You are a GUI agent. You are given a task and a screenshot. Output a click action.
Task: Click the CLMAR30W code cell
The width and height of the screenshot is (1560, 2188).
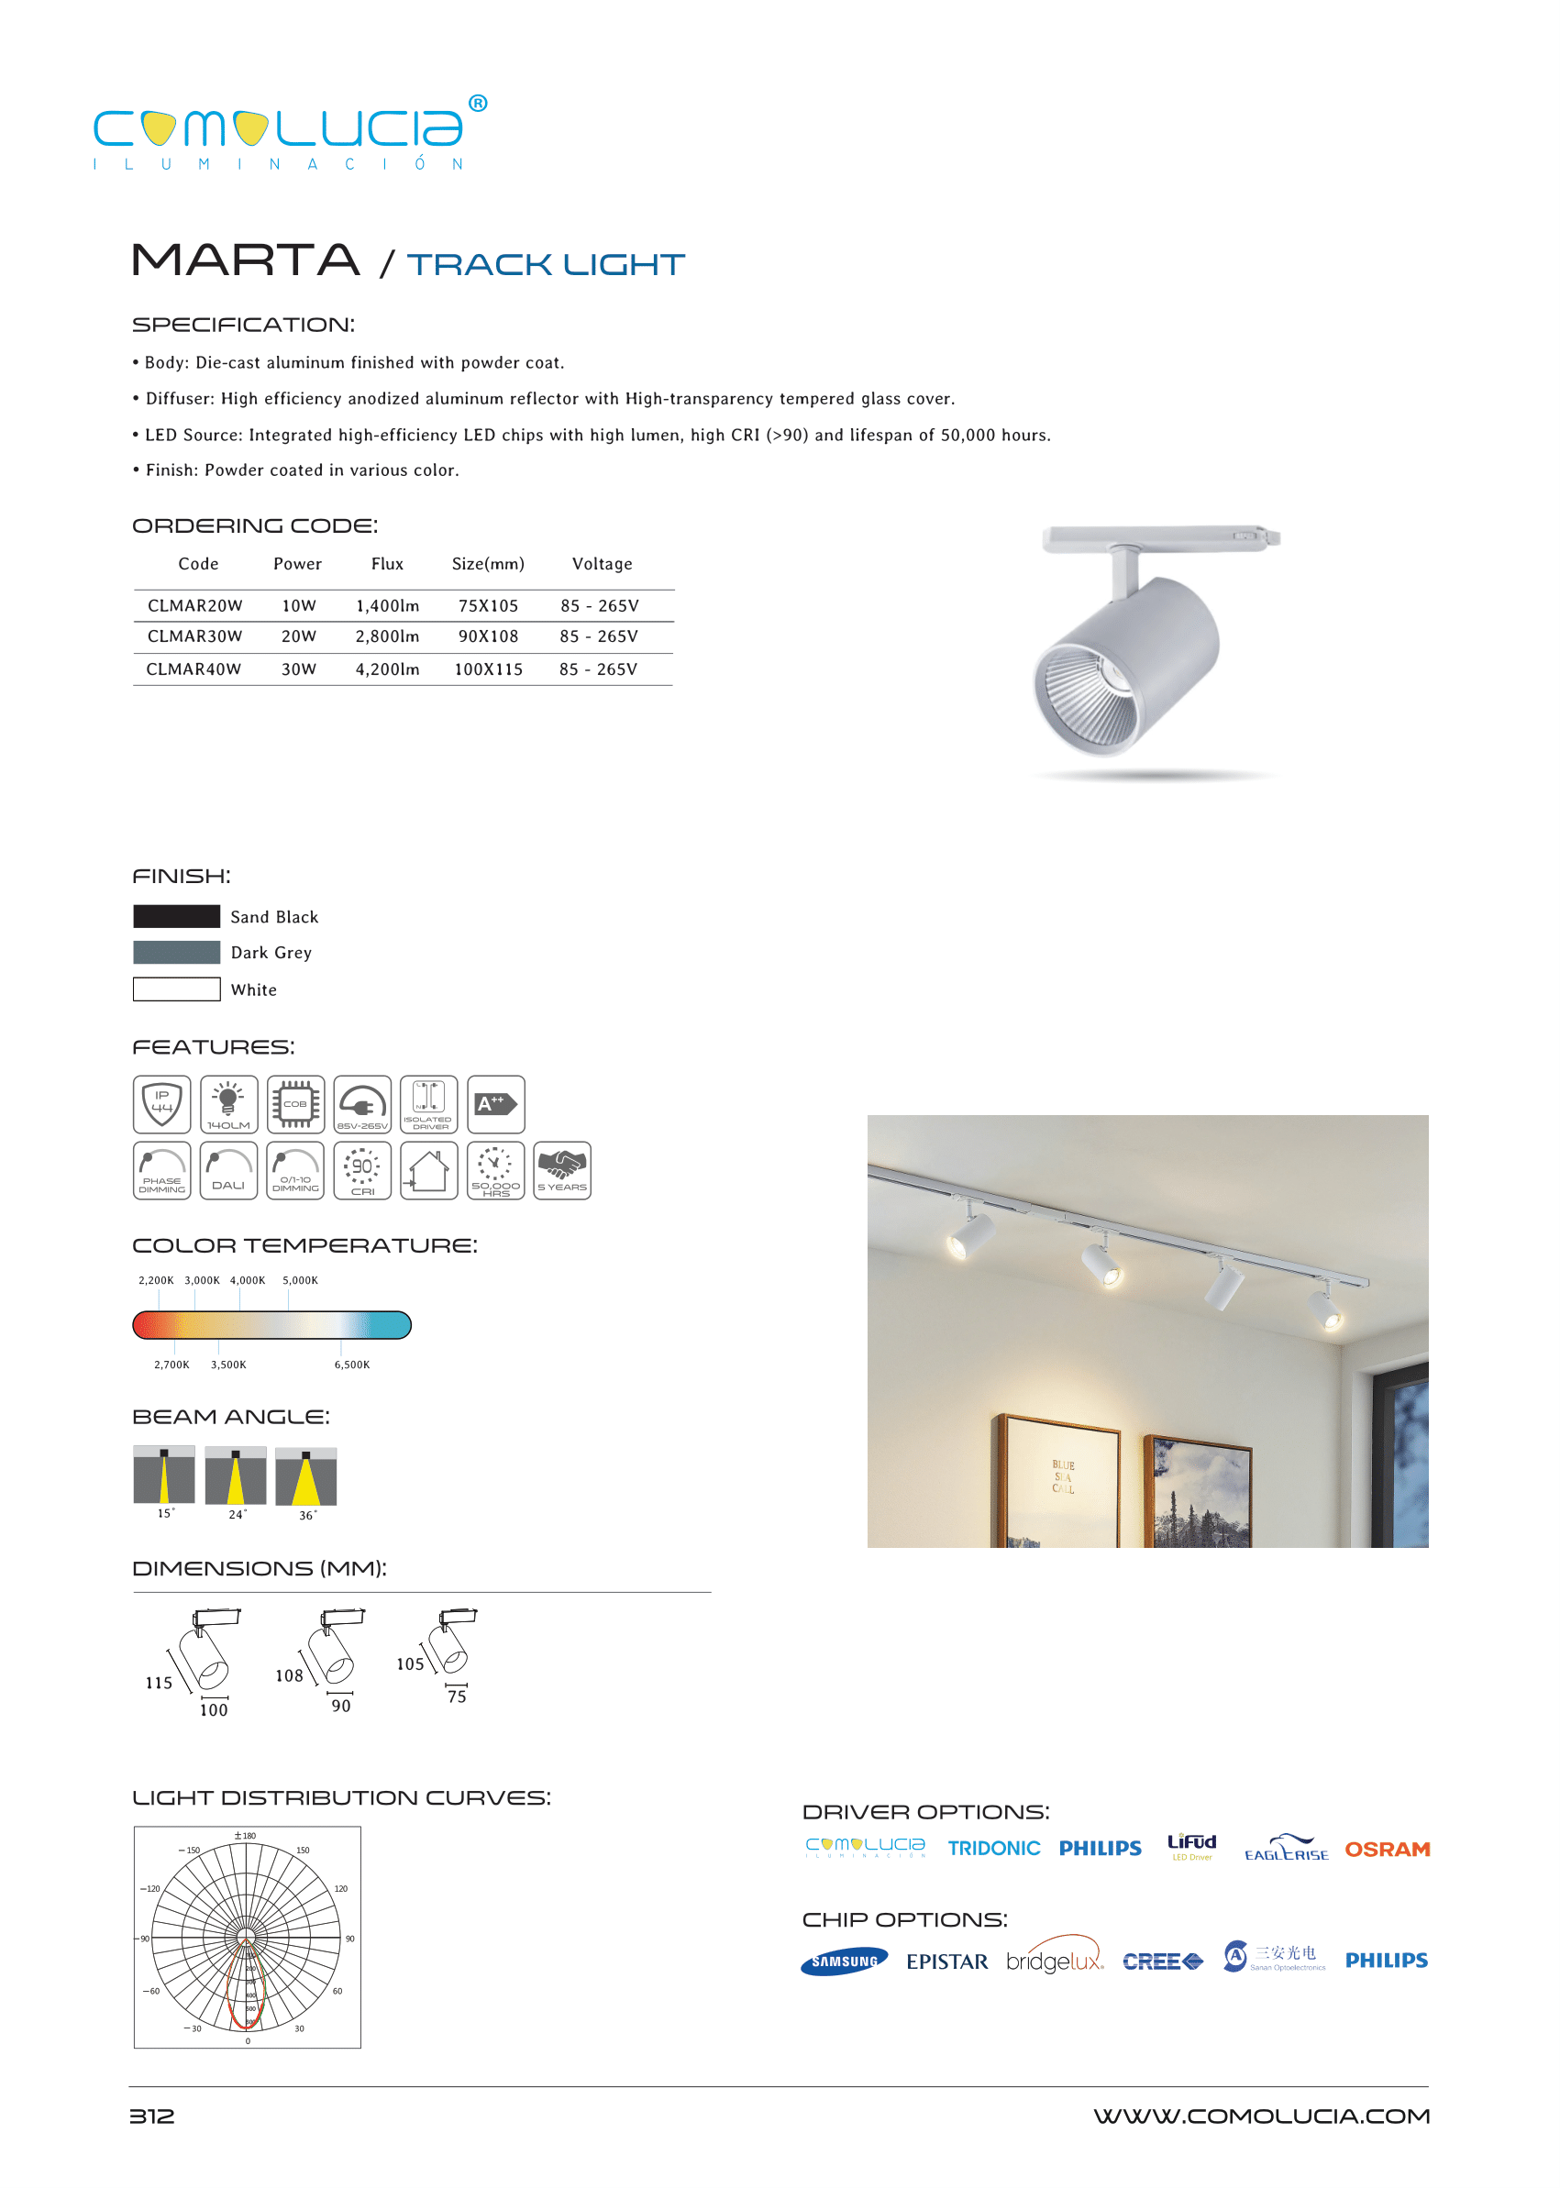pos(195,636)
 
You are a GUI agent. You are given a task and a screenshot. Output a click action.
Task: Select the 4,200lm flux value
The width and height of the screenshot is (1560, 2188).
pos(387,669)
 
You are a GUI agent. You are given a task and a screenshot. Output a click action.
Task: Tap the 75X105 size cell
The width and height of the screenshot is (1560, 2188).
pos(488,606)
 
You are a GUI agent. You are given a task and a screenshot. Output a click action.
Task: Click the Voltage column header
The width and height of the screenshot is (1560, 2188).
pos(603,564)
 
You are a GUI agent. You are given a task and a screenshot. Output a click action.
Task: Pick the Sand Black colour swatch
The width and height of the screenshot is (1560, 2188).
pos(177,916)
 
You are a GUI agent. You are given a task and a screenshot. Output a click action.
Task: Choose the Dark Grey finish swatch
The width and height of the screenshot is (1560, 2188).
pos(177,952)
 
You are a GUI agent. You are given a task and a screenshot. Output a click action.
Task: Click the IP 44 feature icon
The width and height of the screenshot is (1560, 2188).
pos(161,1103)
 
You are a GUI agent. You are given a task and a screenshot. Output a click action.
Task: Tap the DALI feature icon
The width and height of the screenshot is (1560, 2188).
pos(228,1170)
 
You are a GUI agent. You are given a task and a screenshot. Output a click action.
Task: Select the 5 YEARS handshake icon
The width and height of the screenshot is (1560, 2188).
pos(562,1170)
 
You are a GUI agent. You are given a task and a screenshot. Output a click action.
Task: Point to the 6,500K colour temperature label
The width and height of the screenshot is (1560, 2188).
pos(351,1365)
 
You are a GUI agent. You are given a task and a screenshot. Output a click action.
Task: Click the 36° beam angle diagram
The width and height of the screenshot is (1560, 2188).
pos(305,1476)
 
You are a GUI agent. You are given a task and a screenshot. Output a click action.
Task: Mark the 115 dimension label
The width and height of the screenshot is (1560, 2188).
pos(159,1683)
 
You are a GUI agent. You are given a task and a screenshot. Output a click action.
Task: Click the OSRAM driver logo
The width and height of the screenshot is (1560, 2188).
pos(1387,1849)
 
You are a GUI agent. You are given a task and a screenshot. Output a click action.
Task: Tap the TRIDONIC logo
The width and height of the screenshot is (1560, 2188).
pos(993,1848)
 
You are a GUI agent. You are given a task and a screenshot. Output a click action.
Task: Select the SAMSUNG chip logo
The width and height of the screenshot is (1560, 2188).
pos(844,1961)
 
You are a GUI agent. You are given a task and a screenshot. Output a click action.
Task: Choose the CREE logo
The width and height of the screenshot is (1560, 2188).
pos(1162,1961)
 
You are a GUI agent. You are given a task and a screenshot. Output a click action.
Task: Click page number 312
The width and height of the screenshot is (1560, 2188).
pos(151,2116)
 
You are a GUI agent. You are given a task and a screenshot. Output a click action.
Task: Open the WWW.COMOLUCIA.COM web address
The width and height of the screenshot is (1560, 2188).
pos(1260,2116)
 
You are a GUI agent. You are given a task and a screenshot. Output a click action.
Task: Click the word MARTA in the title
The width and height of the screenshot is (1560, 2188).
pos(246,260)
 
